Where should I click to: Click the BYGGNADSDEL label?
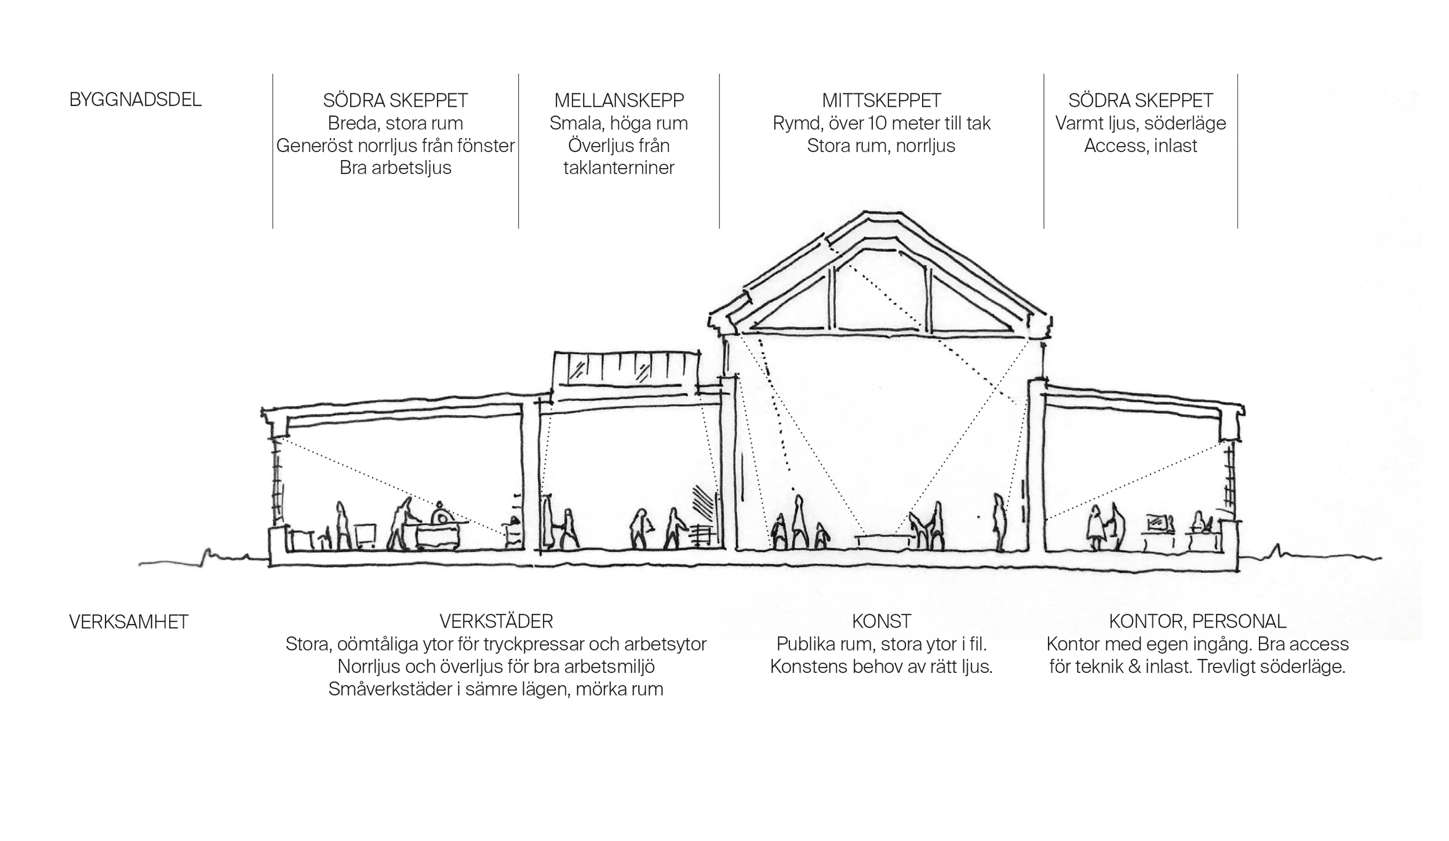click(135, 100)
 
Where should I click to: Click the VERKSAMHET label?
click(128, 622)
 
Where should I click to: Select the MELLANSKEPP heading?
click(618, 100)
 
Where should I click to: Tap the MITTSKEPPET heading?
click(881, 100)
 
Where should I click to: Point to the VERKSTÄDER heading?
click(496, 622)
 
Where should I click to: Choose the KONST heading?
click(881, 622)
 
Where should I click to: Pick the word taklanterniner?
click(618, 168)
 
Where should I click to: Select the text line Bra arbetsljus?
click(395, 168)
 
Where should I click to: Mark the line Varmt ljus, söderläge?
click(1140, 124)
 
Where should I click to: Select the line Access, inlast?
click(1140, 146)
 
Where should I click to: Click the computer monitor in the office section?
click(1156, 523)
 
